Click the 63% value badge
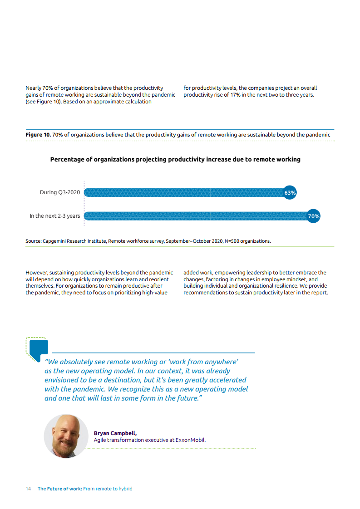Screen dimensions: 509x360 (290, 193)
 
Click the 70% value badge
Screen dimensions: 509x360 (313, 216)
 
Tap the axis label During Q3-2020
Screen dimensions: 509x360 (59, 193)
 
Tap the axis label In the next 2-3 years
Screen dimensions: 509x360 (54, 216)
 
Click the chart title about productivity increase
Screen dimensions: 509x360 (175, 160)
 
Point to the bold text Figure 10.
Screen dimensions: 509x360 (38, 135)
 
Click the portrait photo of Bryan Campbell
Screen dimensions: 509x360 (66, 436)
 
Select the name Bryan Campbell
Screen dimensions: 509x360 (115, 433)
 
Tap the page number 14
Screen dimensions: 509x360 (28, 489)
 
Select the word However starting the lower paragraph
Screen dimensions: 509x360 (36, 273)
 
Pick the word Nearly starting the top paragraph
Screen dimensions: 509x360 (33, 88)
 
